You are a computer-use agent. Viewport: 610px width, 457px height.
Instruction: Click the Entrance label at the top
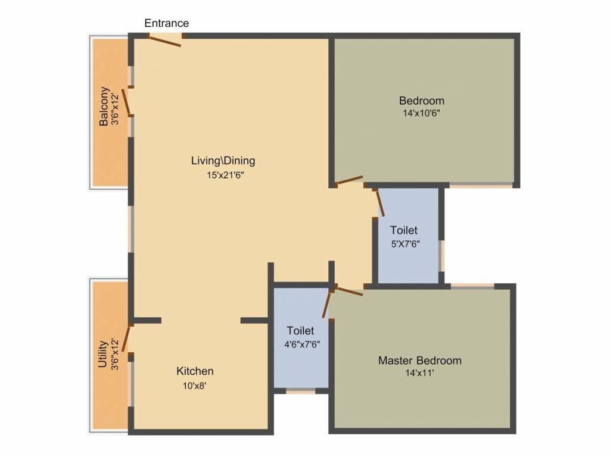167,23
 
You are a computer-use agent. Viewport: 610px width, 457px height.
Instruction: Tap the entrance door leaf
165,41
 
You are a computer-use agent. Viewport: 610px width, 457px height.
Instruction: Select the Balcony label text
104,107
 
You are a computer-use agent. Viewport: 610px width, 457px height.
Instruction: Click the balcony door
127,102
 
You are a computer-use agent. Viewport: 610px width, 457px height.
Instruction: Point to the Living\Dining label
223,161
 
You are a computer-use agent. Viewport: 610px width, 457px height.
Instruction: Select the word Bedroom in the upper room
422,101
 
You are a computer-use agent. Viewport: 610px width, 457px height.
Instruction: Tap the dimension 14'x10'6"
422,112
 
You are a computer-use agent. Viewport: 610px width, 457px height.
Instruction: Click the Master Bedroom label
420,361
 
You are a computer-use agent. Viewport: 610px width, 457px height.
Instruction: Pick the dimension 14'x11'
420,373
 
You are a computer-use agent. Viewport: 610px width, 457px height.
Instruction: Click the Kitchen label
195,371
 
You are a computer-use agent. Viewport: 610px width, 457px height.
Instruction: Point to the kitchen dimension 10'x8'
195,385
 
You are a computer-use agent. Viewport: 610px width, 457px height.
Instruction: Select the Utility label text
103,355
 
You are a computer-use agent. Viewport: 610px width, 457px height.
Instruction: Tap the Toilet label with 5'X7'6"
404,230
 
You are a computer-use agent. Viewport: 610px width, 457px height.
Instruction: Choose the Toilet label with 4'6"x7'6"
300,331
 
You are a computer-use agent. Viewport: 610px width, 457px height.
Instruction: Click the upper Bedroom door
349,180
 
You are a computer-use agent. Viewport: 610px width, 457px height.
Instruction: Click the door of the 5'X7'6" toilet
379,202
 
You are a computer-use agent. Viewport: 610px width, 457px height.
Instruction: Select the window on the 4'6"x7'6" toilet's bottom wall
300,391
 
